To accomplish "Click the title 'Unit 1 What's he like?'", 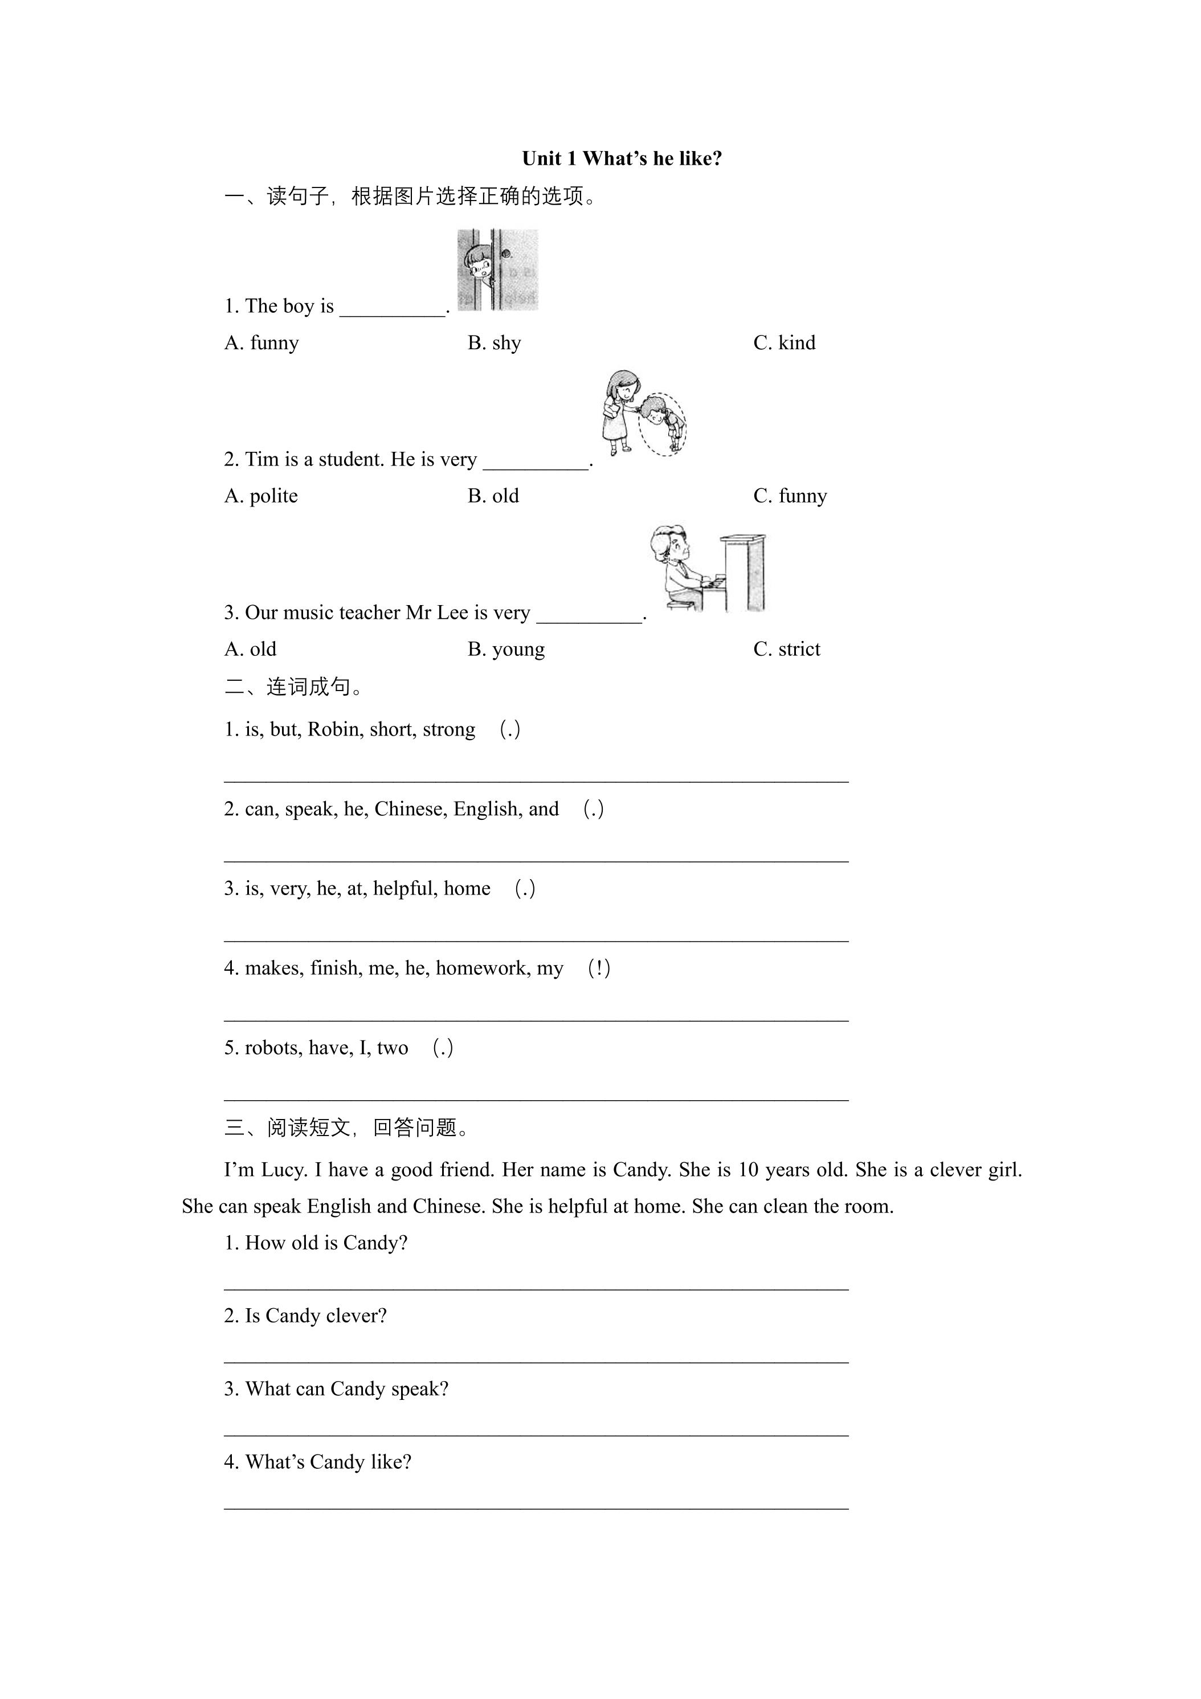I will (x=622, y=158).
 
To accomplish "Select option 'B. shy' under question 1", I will (x=495, y=342).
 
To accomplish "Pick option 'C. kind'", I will (x=785, y=342).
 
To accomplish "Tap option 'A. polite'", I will (x=260, y=496).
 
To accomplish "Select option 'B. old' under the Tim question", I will (x=493, y=496).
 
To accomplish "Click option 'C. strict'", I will (x=787, y=649).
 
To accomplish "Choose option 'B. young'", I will (x=506, y=649).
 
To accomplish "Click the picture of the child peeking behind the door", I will (x=497, y=269).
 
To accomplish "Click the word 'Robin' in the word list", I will (x=332, y=730).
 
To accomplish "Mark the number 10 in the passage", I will (x=749, y=1170).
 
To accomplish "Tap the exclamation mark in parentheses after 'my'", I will (x=599, y=968).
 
